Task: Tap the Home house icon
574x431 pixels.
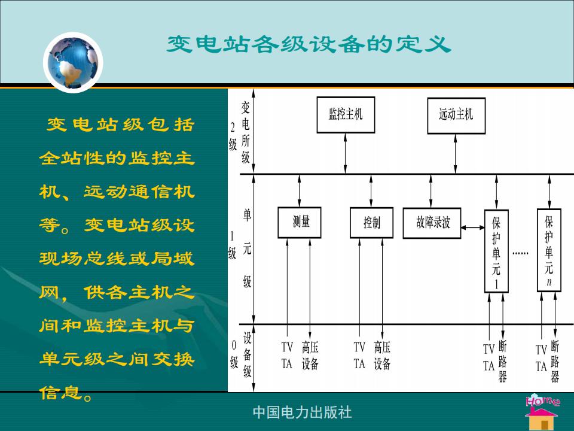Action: (x=542, y=412)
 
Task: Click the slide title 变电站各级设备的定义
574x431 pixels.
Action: (x=309, y=44)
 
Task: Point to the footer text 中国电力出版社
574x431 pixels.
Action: (x=303, y=412)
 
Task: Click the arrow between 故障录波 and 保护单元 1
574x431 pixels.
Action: (x=472, y=227)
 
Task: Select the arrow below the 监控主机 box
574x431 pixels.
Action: (x=345, y=153)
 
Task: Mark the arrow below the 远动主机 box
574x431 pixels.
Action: (x=456, y=154)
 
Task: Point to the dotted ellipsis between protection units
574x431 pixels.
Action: (x=520, y=253)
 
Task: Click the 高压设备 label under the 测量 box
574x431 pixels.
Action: (x=310, y=355)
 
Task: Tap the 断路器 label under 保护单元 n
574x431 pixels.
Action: (x=555, y=362)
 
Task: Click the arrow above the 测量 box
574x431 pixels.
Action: (x=300, y=190)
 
